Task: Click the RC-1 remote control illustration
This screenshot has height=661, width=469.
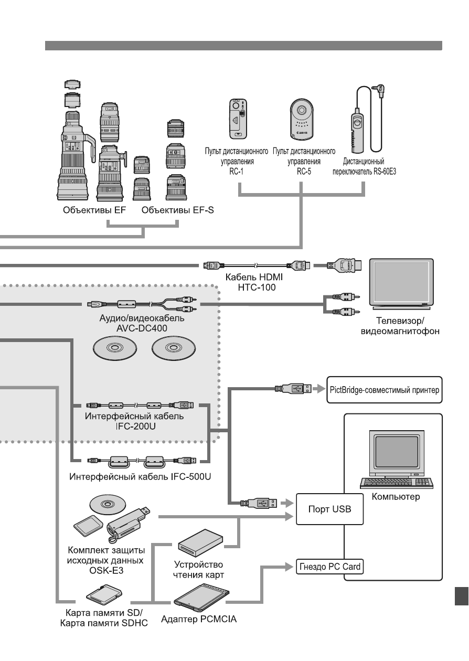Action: click(238, 119)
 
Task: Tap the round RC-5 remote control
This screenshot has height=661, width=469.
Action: click(301, 119)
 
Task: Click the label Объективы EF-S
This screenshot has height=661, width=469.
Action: click(177, 210)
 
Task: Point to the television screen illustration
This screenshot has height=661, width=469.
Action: click(401, 284)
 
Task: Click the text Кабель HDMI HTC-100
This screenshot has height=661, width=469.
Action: click(254, 282)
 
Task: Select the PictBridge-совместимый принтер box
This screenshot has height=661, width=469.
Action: click(385, 390)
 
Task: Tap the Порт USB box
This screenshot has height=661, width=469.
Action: click(329, 509)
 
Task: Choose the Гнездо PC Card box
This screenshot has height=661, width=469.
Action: click(329, 567)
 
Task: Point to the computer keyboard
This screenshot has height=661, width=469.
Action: click(397, 483)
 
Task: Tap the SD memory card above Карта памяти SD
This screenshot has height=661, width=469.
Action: click(104, 594)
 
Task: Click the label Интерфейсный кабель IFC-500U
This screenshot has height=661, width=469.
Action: click(140, 477)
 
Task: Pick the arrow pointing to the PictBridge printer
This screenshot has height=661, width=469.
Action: click(319, 389)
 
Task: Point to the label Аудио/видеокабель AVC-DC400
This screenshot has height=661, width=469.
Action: click(142, 323)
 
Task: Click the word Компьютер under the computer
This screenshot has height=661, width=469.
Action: click(396, 497)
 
